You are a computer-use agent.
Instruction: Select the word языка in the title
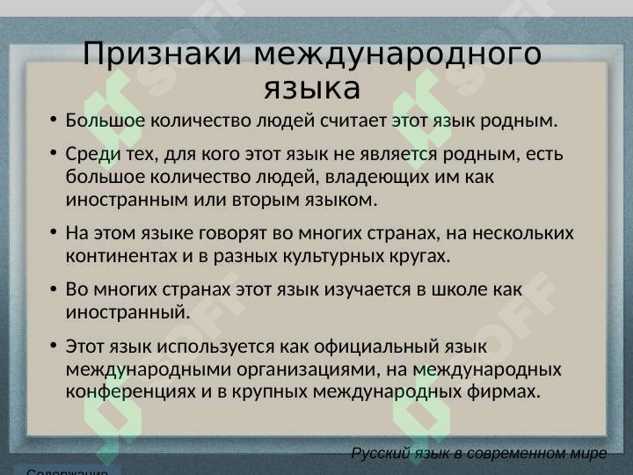click(x=312, y=89)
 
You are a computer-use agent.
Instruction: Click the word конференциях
click(x=131, y=391)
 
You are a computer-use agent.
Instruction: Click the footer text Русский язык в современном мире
click(x=478, y=454)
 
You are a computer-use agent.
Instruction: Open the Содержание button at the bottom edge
click(x=68, y=471)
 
